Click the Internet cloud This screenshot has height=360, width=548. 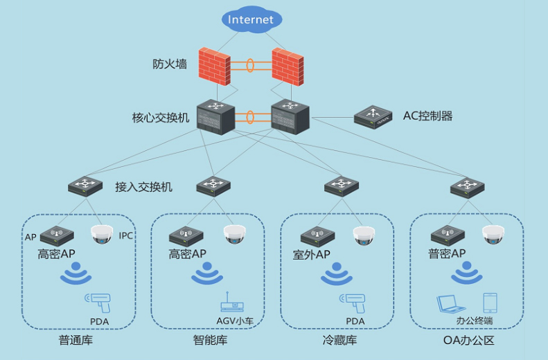point(251,19)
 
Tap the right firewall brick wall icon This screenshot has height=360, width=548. point(288,66)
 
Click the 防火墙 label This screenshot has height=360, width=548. point(170,64)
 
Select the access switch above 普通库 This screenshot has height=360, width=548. point(85,186)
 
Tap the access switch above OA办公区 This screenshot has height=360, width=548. point(468,186)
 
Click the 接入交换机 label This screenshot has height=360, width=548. point(143,187)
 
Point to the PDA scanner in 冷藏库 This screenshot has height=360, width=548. point(352,302)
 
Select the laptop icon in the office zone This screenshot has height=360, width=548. point(450,304)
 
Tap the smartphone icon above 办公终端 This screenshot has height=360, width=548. point(490,303)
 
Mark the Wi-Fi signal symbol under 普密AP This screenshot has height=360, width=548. point(466,276)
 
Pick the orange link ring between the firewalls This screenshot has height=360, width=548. point(250,66)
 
